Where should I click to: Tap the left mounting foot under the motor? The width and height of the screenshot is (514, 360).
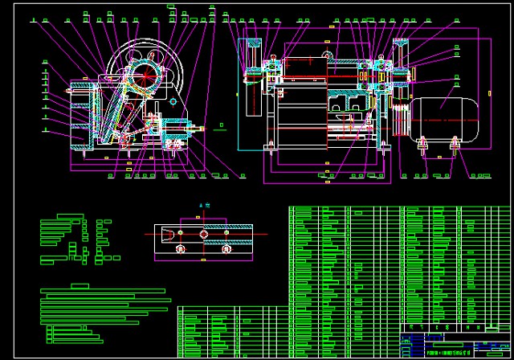422,145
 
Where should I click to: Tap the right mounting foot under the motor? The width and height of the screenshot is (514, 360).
455,145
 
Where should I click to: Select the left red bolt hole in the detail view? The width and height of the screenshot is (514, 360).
180,249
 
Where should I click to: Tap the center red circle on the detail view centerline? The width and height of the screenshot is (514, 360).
203,234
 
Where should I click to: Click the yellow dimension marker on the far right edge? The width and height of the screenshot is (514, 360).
489,93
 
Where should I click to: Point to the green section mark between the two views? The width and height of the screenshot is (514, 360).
222,125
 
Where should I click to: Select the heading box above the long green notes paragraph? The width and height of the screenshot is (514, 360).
80,285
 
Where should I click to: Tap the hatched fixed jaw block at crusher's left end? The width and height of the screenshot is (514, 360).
78,117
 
